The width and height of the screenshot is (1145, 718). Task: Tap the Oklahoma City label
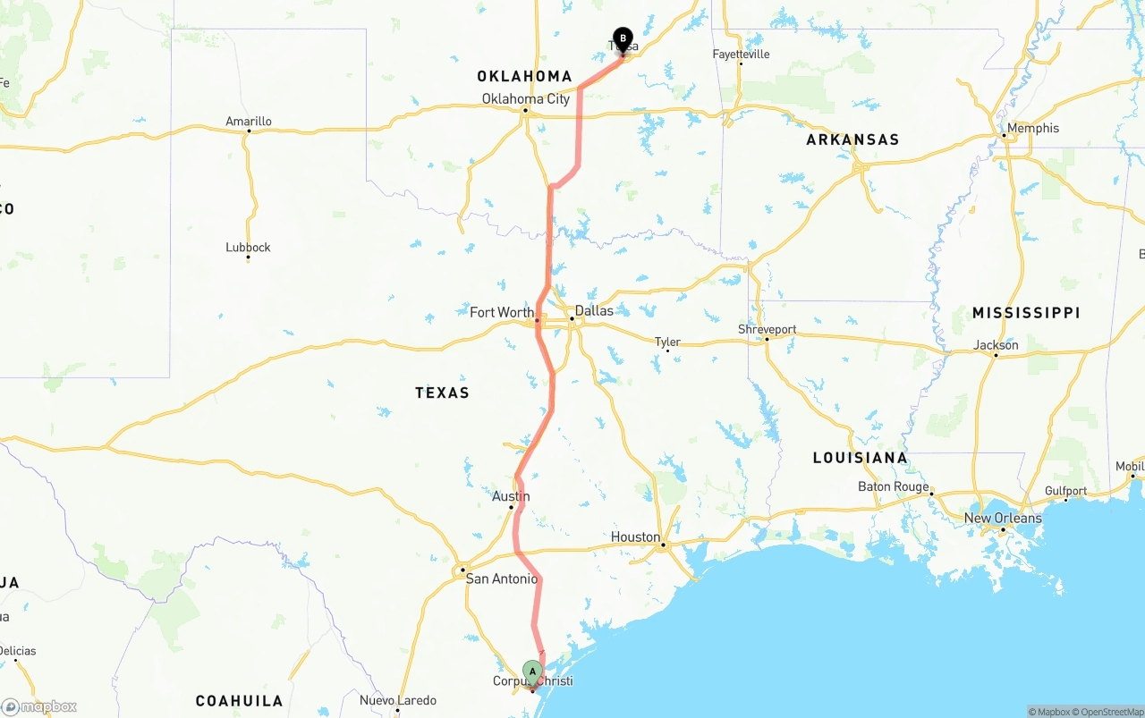525,98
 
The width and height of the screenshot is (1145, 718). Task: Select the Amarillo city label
249,122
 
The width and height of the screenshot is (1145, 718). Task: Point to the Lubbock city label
248,248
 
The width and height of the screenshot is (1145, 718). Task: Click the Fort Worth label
502,312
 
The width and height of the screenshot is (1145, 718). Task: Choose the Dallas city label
594,310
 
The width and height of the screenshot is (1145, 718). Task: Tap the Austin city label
511,496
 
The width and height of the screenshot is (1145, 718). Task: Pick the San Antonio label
502,579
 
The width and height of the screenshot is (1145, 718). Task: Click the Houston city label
635,536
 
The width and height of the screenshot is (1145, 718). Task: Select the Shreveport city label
767,329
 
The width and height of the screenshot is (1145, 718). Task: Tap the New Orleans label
1003,518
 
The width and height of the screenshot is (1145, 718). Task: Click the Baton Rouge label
893,486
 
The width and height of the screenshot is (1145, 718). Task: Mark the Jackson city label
996,344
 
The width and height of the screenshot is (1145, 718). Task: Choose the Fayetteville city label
741,54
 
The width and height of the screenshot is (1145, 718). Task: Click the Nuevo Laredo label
398,700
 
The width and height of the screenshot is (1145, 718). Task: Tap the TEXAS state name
442,393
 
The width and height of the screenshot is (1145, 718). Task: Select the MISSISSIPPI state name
1026,313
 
